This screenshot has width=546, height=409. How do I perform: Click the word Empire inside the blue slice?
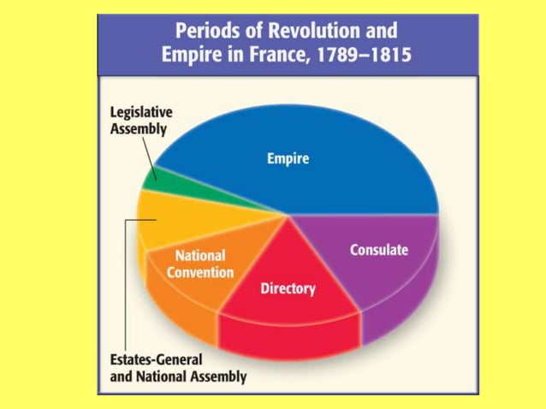pyautogui.click(x=288, y=159)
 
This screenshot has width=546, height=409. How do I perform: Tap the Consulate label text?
pyautogui.click(x=379, y=250)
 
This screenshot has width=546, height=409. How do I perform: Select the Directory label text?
pyautogui.click(x=288, y=288)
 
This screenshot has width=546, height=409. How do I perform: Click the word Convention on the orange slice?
pyautogui.click(x=200, y=272)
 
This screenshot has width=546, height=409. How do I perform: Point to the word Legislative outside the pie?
pyautogui.click(x=141, y=113)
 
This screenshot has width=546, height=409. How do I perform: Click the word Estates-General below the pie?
pyautogui.click(x=151, y=360)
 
